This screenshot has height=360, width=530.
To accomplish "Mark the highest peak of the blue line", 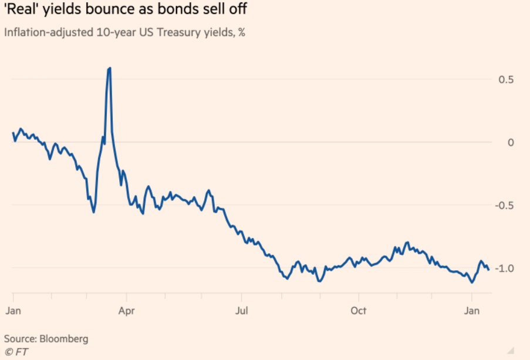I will pyautogui.click(x=110, y=68).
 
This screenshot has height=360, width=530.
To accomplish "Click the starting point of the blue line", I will pyautogui.click(x=13, y=133).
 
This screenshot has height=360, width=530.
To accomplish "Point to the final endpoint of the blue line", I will pyautogui.click(x=489, y=270).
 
